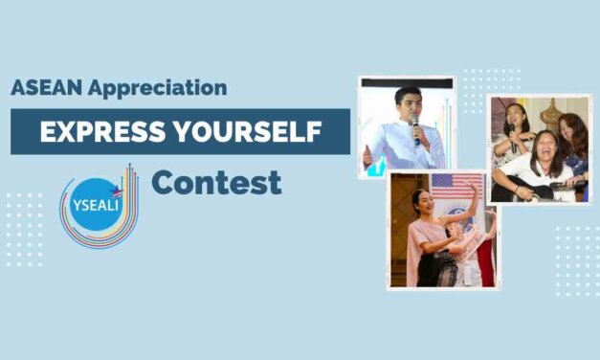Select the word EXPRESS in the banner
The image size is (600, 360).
point(96,132)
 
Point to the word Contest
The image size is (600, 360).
point(216,182)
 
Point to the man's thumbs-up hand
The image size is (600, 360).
point(368,154)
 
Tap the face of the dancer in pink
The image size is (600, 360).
point(423,205)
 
